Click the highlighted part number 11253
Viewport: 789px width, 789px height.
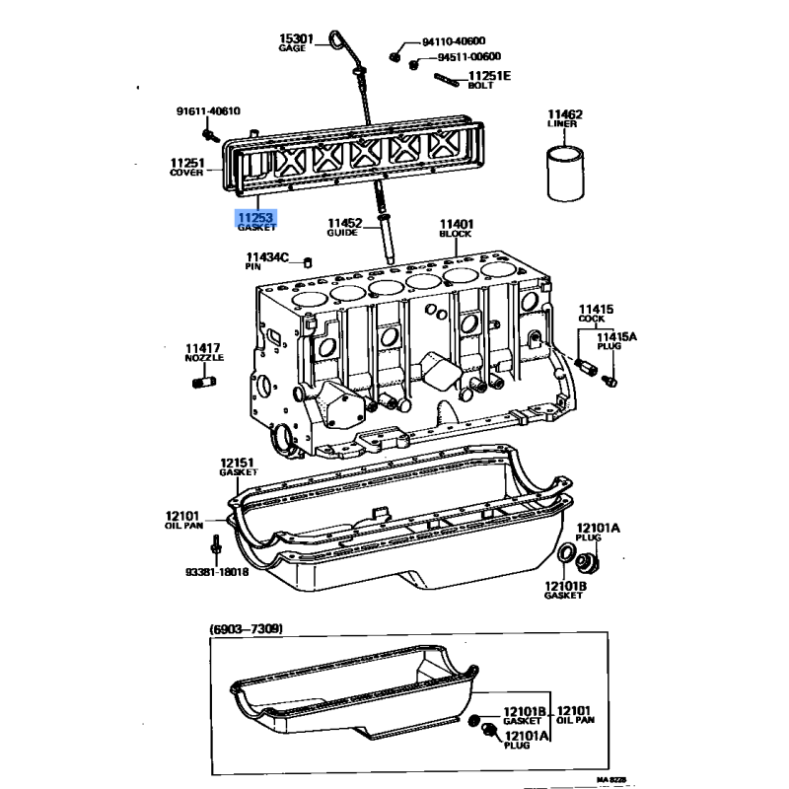coord(256,217)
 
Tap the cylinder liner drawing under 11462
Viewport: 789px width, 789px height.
coord(565,173)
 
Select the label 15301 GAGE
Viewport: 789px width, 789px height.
coord(296,42)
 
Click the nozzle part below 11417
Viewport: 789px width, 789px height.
coord(204,382)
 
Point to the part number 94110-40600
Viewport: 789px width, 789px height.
coord(454,41)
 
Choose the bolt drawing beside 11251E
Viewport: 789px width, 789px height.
coord(447,80)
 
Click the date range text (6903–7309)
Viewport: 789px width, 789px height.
coord(246,628)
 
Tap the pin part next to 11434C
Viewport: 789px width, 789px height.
coord(308,262)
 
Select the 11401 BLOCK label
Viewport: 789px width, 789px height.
coord(457,228)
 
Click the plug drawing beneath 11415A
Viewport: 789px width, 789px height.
coord(610,382)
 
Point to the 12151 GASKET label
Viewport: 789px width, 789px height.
coord(238,466)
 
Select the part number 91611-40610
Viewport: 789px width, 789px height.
coord(208,111)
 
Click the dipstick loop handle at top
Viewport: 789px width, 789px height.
coord(335,39)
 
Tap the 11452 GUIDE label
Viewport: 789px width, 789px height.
coord(344,227)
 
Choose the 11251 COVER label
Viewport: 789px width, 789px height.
coord(187,167)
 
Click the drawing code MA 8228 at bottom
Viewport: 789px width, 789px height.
coord(611,780)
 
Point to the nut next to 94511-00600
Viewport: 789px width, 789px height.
coord(413,64)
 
